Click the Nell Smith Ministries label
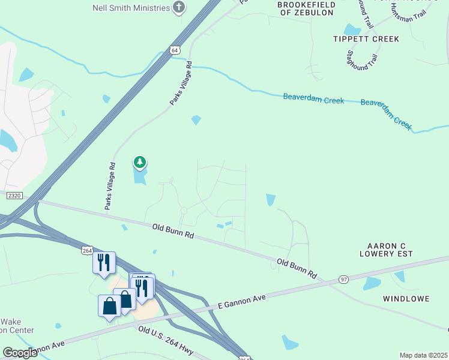coord(131,7)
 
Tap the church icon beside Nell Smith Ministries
coord(178,7)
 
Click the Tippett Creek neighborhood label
coord(366,39)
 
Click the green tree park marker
coord(140,162)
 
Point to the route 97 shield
coord(343,280)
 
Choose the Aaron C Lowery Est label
coord(391,251)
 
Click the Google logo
coord(20,353)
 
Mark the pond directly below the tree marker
coord(140,176)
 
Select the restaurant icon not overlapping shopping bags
coord(103,262)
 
